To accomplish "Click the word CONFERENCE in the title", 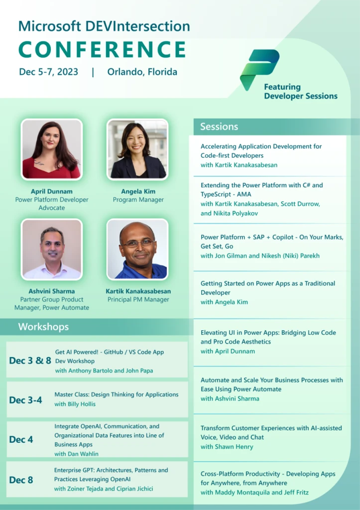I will [103, 49].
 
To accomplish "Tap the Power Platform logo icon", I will [259, 69].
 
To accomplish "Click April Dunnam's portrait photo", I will [51, 149].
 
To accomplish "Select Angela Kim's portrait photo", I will [138, 149].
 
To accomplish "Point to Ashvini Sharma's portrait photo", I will [51, 249].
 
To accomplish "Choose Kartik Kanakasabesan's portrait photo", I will [137, 249].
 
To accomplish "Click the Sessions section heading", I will [219, 127].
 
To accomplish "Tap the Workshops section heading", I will [43, 327].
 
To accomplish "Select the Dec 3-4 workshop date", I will [25, 400].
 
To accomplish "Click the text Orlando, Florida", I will [142, 72].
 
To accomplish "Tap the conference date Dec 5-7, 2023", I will [49, 72].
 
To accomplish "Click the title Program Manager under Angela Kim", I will [138, 200].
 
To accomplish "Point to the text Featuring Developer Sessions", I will [300, 92].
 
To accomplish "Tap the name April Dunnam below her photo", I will [51, 191].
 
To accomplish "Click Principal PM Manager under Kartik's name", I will [138, 299].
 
